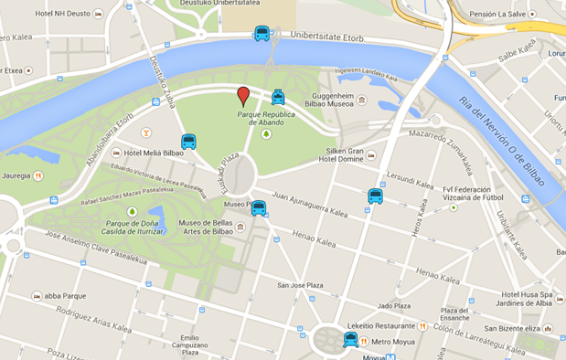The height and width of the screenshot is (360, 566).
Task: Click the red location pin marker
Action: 243,96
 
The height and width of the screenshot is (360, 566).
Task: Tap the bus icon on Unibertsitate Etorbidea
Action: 262,35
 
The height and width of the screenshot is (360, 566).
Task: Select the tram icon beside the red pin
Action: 278,97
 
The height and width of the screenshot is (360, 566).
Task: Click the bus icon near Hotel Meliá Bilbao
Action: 188,142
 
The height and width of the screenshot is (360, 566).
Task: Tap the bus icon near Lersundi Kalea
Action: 375,196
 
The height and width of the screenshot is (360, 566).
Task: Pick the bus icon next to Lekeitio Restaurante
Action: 350,340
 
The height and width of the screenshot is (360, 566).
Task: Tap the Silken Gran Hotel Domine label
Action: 346,154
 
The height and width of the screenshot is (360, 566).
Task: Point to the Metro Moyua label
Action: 393,342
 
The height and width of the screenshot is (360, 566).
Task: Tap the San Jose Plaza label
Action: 301,285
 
